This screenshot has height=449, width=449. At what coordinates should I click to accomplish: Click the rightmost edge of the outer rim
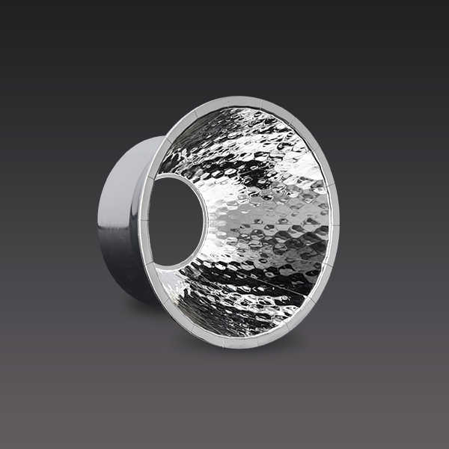tap(339, 224)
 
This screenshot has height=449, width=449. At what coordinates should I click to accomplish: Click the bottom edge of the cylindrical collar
tap(135, 296)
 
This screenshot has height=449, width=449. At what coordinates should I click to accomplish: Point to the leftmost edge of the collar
tap(98, 221)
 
